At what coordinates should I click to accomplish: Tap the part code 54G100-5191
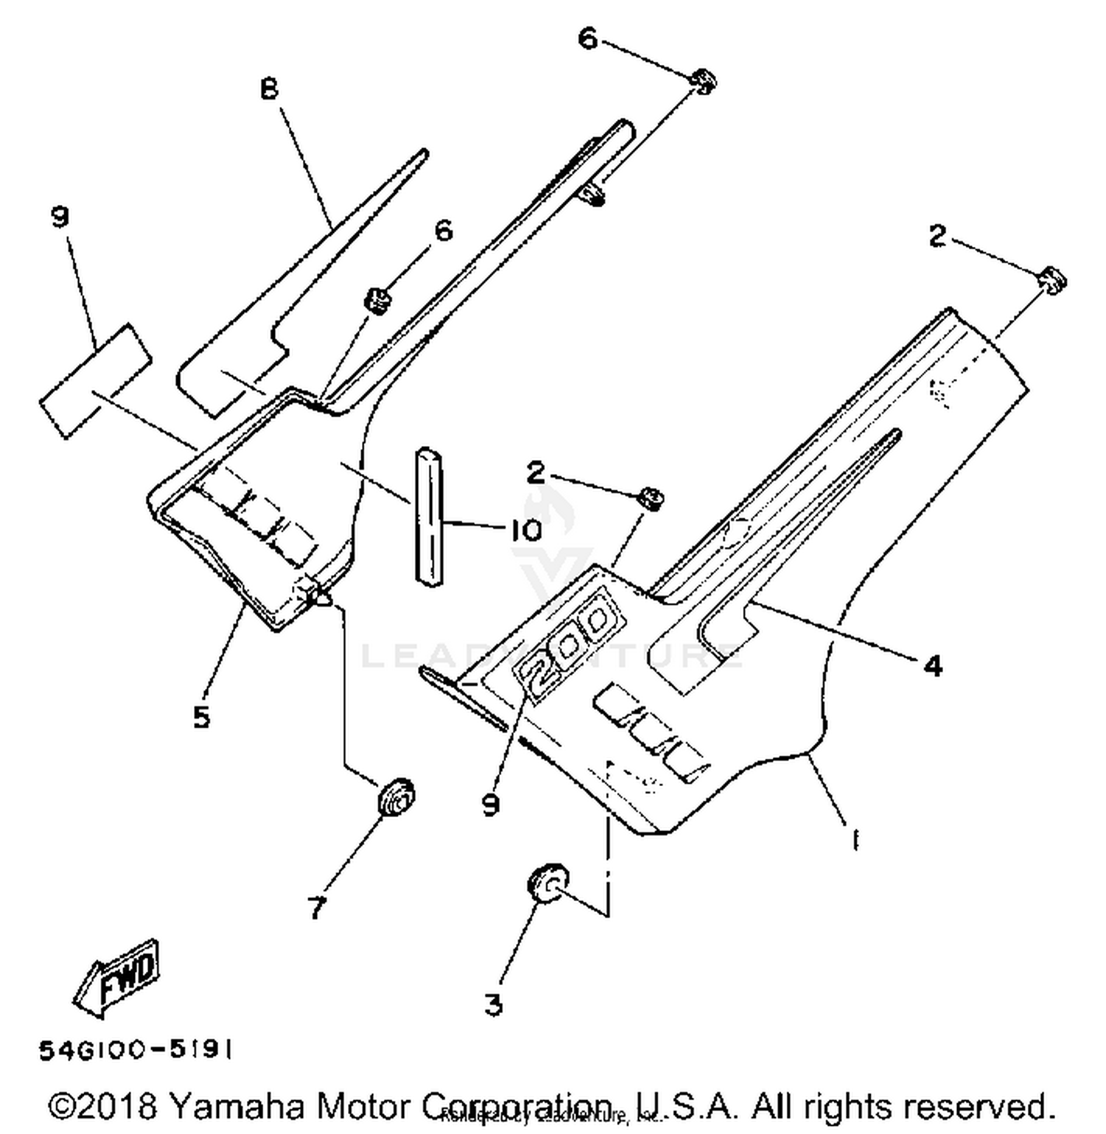[x=136, y=1050]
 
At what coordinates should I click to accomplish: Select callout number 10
[x=526, y=529]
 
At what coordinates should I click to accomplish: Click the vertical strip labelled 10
[x=429, y=516]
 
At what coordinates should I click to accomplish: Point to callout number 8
[x=269, y=89]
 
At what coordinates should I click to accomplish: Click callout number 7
[x=317, y=908]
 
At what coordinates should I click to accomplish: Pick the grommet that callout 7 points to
[x=396, y=796]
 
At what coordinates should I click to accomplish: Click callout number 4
[x=933, y=666]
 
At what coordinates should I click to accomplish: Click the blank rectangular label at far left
[x=96, y=380]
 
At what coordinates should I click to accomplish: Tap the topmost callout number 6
[x=587, y=38]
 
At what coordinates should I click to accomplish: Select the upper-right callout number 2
[x=936, y=236]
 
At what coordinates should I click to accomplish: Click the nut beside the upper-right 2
[x=1052, y=280]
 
